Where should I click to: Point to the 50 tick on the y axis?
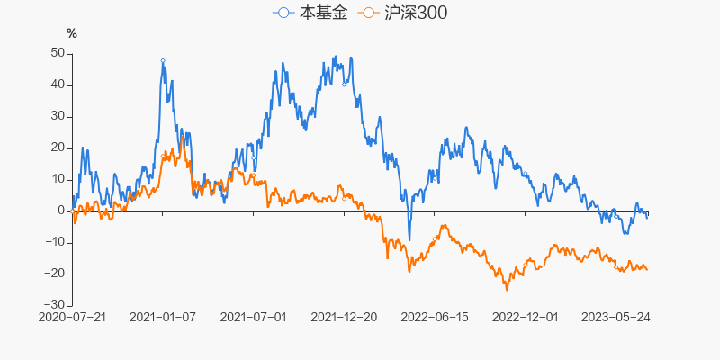(57, 53)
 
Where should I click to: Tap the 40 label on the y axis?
(57, 85)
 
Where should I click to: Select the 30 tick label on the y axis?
(57, 116)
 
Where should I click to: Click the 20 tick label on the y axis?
(57, 148)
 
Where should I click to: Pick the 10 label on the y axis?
(57, 179)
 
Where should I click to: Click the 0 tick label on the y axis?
(60, 211)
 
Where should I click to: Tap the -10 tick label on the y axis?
(53, 242)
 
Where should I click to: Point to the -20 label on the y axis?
(53, 274)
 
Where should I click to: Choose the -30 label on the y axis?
(53, 305)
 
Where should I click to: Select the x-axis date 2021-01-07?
(163, 318)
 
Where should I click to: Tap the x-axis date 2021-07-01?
(253, 318)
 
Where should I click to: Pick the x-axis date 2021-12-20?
(344, 318)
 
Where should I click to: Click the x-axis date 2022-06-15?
(435, 318)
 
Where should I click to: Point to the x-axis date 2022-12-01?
(526, 318)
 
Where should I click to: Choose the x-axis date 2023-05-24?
(616, 318)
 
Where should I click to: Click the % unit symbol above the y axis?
(72, 34)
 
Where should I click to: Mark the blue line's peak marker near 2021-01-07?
(163, 60)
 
